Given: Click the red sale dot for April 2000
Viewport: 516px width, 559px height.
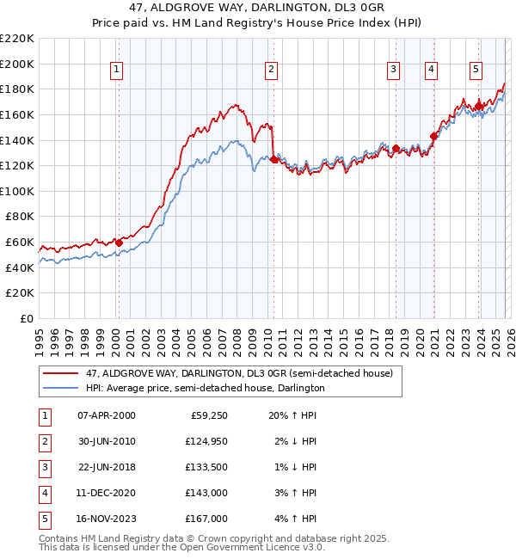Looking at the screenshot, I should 120,243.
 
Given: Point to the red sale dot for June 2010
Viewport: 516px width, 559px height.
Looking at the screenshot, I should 274,159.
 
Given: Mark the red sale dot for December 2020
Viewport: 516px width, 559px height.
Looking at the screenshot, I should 433,136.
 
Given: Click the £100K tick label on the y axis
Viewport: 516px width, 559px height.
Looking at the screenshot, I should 18,191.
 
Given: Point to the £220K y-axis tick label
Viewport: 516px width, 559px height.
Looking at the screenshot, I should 18,39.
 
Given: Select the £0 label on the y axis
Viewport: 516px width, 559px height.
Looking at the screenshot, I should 26,318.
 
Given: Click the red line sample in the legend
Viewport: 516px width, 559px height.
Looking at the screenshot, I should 60,373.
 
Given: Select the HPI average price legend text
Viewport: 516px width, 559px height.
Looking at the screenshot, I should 205,388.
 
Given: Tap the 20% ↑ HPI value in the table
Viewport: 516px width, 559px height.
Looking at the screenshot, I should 293,415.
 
